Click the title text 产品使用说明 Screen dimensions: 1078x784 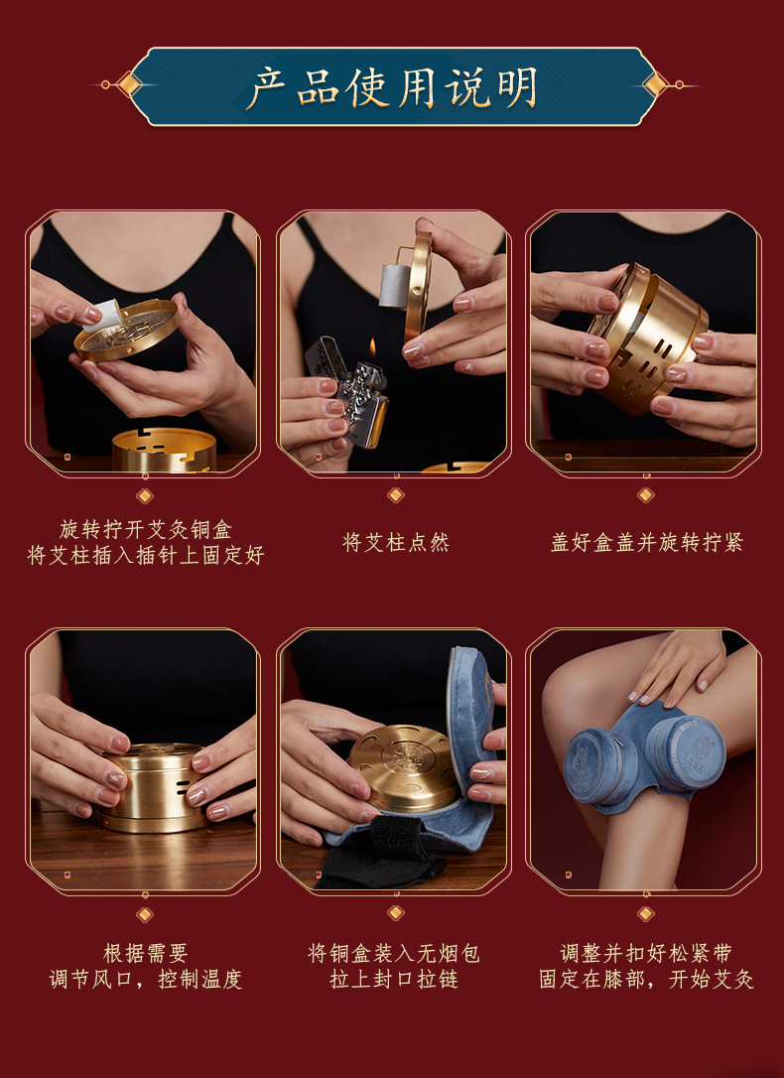(x=392, y=87)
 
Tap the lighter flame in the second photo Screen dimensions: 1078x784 (x=371, y=348)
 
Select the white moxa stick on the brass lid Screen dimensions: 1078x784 (x=102, y=315)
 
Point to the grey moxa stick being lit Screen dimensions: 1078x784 (x=394, y=285)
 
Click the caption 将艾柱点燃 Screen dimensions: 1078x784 (x=396, y=543)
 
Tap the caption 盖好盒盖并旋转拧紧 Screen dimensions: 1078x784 (x=646, y=543)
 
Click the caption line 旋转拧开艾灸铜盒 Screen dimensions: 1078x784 (x=145, y=529)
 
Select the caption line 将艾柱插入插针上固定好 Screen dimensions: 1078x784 (x=145, y=556)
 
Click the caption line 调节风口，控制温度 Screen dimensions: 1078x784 (x=145, y=979)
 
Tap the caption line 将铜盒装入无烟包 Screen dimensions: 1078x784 (x=394, y=953)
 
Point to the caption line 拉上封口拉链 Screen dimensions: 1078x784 (x=394, y=979)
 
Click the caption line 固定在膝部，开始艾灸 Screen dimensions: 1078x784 (x=646, y=979)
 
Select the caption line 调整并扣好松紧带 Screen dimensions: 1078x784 (x=646, y=953)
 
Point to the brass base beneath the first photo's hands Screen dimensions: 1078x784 (x=163, y=450)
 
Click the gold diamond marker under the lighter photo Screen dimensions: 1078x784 (x=396, y=494)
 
